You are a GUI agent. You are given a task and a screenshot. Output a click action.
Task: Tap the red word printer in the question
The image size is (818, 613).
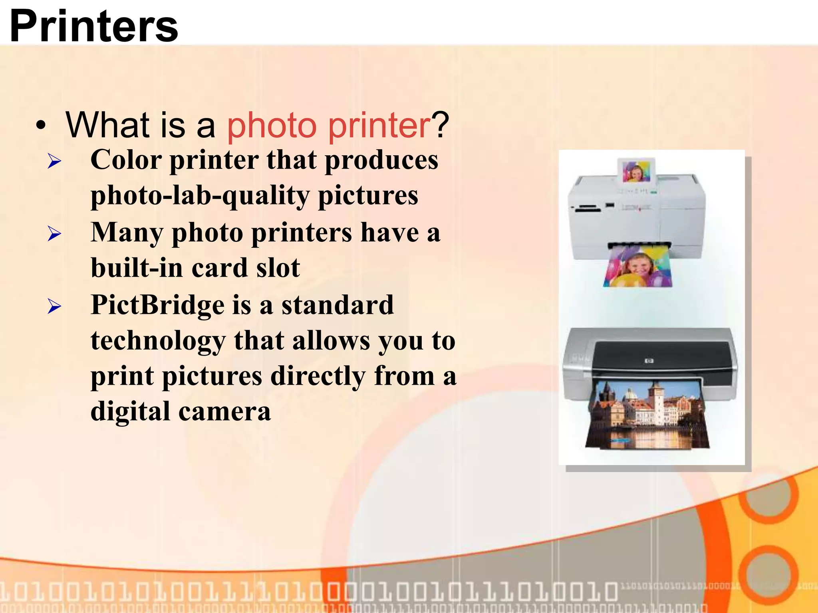pyautogui.click(x=379, y=126)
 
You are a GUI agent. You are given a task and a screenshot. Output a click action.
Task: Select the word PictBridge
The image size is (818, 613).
pyautogui.click(x=158, y=305)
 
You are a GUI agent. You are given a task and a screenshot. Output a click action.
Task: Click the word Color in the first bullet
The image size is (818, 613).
pyautogui.click(x=126, y=160)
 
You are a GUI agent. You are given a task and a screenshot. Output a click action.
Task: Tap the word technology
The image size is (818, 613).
pyautogui.click(x=158, y=341)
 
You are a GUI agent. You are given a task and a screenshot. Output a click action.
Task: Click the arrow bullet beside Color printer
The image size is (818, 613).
pyautogui.click(x=54, y=162)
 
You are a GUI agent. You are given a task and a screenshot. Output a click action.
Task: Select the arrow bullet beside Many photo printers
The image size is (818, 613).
pyautogui.click(x=54, y=234)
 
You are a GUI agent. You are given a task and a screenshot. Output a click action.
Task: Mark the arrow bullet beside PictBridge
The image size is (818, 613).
pyautogui.click(x=54, y=306)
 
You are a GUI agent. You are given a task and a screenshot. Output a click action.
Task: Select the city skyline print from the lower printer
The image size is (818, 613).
pyautogui.click(x=647, y=415)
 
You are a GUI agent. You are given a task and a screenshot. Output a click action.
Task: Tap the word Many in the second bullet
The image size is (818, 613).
pyautogui.click(x=127, y=232)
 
